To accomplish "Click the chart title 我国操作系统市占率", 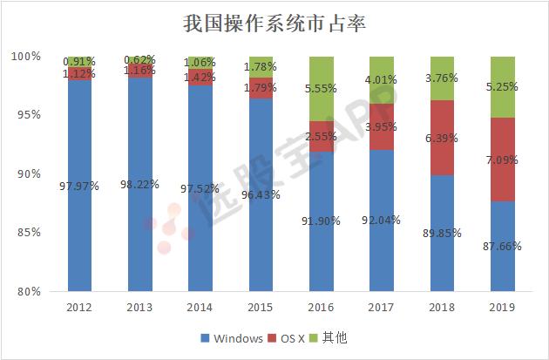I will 274,23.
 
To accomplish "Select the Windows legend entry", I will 231,337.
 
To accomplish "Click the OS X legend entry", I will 294,337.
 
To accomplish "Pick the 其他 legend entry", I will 339,337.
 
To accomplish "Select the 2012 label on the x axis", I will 79,308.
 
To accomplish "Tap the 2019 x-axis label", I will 501,308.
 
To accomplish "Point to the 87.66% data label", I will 501,247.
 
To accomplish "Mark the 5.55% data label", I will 322,89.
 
